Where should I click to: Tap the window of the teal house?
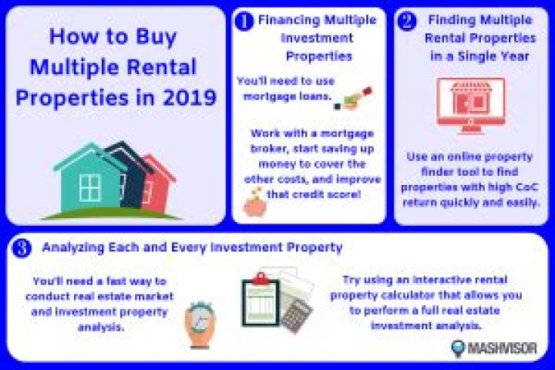point(90,187)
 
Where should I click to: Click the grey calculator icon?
point(297,314)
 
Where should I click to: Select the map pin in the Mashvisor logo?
point(460,347)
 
